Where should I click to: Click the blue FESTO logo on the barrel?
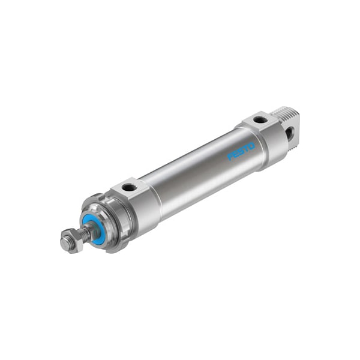tap(241, 151)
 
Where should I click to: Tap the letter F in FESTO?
tap(230, 157)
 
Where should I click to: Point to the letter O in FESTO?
tap(251, 145)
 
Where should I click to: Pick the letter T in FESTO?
tap(246, 148)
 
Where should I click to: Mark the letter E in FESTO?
tap(235, 154)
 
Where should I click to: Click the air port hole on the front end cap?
tap(128, 188)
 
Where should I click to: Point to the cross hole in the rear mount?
tap(290, 131)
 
